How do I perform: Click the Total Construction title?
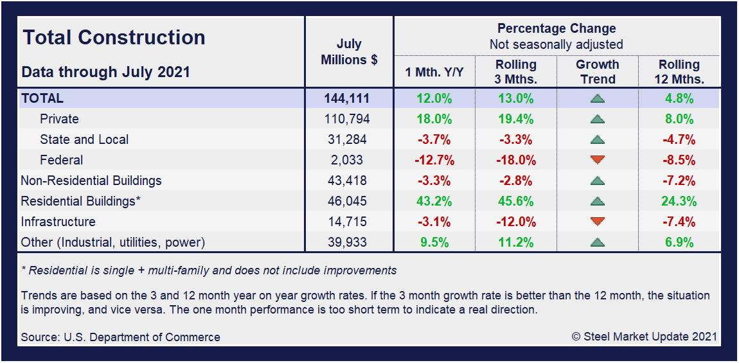(x=114, y=37)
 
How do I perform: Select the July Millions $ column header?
(x=349, y=52)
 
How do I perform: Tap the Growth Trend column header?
(x=597, y=72)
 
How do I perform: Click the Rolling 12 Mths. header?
(x=679, y=72)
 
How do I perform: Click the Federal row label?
(x=61, y=160)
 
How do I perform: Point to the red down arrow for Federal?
(x=598, y=160)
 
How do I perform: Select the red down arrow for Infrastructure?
(x=598, y=222)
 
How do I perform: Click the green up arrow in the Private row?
(x=598, y=119)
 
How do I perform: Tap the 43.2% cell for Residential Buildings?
(x=434, y=201)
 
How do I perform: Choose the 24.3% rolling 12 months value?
(x=679, y=201)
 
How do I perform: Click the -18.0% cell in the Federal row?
(x=515, y=160)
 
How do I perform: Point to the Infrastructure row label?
(x=58, y=222)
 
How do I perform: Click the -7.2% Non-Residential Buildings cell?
(x=679, y=181)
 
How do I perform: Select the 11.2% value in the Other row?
(x=515, y=242)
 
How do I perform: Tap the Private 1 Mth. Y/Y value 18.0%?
(x=434, y=119)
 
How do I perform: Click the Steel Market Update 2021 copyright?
(x=644, y=337)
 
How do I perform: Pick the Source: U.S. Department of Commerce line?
(x=120, y=337)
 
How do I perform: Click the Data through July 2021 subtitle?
(x=106, y=71)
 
